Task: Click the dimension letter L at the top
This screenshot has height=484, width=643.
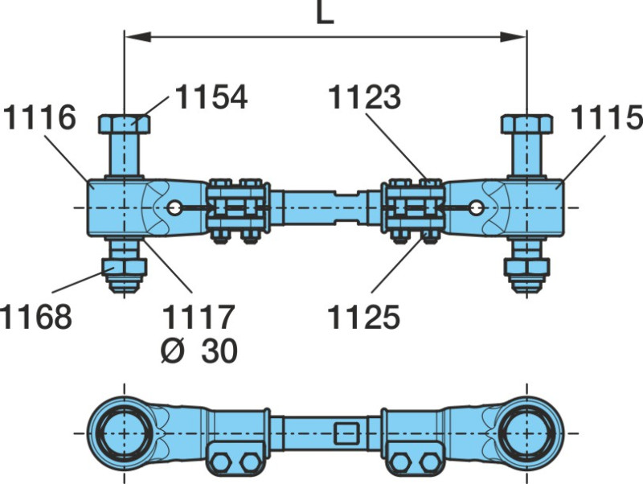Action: (x=324, y=14)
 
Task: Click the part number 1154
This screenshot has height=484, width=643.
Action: (x=211, y=97)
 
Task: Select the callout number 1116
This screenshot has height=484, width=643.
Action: (x=39, y=118)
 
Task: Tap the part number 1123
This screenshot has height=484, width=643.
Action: (x=364, y=97)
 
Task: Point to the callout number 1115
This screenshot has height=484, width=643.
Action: (x=607, y=118)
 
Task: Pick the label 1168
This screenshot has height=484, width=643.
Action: (x=36, y=317)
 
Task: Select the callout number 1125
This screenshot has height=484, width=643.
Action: (x=363, y=317)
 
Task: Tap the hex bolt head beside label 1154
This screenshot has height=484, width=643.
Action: (x=124, y=125)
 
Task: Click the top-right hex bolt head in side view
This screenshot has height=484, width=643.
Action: (x=526, y=125)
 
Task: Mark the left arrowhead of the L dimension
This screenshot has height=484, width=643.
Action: (x=132, y=36)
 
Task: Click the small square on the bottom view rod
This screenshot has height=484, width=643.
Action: (x=347, y=433)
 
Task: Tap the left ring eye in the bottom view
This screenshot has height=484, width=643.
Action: (x=122, y=432)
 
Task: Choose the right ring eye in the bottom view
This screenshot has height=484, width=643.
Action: (x=526, y=432)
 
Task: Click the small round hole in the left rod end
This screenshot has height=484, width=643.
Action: (x=174, y=207)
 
